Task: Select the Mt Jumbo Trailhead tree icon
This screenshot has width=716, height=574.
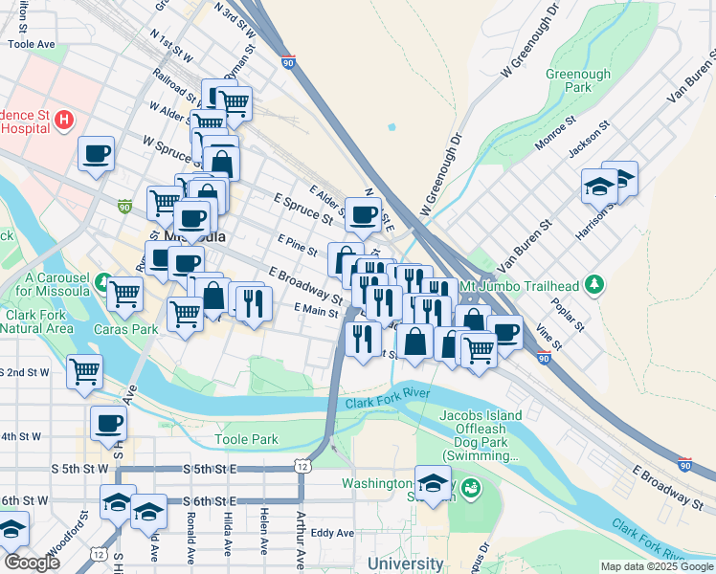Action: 595,284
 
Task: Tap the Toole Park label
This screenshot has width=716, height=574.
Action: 246,440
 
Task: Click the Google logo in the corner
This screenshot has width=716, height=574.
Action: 31,563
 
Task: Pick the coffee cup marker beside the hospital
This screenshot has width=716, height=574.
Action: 96,153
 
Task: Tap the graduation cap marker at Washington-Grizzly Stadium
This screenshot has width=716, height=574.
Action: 433,481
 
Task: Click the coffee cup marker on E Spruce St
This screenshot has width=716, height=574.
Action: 363,214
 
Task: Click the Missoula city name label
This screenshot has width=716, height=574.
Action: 195,236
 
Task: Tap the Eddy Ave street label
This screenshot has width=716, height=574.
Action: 332,533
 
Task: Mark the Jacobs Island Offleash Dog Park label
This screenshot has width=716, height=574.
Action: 481,435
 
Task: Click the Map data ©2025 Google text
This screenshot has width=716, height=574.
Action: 657,566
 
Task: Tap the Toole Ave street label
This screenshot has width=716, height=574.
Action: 33,44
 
